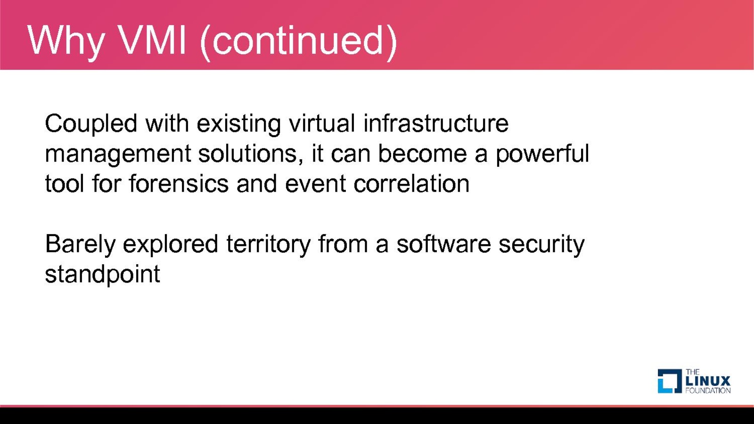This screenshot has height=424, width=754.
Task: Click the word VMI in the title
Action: point(153,41)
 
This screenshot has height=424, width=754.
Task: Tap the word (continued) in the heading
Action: point(299,42)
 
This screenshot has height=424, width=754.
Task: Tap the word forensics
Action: point(179,183)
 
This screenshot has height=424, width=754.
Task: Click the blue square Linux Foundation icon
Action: point(670,381)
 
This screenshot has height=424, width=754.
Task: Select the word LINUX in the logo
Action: point(708,381)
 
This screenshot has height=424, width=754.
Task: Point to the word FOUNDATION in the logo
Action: point(708,391)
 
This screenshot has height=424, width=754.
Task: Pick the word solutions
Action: point(251,154)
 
